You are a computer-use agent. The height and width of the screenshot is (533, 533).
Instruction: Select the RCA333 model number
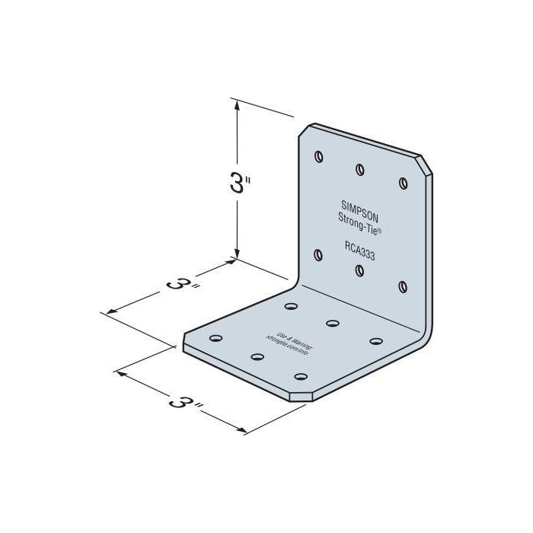point(358,245)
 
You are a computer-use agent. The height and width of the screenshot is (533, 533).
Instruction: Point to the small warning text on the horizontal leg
point(290,342)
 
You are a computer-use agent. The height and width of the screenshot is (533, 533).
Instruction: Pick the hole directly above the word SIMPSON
point(359,169)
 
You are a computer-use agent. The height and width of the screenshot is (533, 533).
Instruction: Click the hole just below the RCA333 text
point(359,270)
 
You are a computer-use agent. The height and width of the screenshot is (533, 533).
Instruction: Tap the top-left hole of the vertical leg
point(318,156)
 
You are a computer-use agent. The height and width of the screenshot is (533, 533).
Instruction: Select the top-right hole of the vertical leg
point(402,182)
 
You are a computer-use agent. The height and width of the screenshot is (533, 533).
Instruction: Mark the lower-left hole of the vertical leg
point(318,254)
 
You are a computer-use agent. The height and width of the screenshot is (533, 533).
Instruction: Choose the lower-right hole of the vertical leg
point(402,286)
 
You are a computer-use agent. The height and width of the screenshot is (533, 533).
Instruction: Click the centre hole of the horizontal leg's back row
point(332,323)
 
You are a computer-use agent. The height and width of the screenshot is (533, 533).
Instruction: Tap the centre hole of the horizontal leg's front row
point(257,356)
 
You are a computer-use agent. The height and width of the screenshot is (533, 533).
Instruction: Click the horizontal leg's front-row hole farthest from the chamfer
point(215,337)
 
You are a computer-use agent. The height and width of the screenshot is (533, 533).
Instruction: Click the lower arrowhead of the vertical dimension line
point(239,254)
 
